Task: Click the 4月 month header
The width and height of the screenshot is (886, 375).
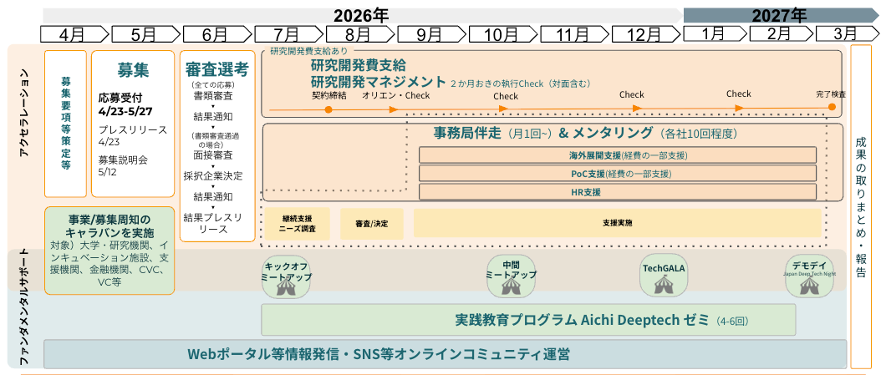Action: point(74,33)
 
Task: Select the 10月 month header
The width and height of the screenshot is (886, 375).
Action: point(502,33)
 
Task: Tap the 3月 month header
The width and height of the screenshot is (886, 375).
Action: point(845,33)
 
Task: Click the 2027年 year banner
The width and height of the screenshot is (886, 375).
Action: point(779,14)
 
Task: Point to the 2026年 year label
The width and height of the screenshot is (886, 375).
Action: point(361,14)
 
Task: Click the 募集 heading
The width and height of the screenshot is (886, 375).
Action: point(133,70)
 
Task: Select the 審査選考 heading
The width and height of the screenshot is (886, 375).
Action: point(216,69)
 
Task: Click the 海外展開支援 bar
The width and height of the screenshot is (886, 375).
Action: point(617,155)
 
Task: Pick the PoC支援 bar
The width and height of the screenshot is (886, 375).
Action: point(617,174)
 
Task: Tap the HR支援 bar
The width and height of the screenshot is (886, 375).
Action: point(617,192)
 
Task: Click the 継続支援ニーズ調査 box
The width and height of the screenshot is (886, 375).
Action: point(297,224)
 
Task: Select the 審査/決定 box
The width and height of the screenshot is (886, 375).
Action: point(371,224)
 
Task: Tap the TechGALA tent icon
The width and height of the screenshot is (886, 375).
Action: point(663,285)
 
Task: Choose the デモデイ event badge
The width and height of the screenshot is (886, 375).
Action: point(810,276)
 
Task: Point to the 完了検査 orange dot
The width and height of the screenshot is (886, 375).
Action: point(831,107)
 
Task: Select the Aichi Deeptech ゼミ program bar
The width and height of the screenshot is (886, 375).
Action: point(528,320)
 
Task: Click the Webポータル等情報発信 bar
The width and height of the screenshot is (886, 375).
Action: point(445,354)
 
